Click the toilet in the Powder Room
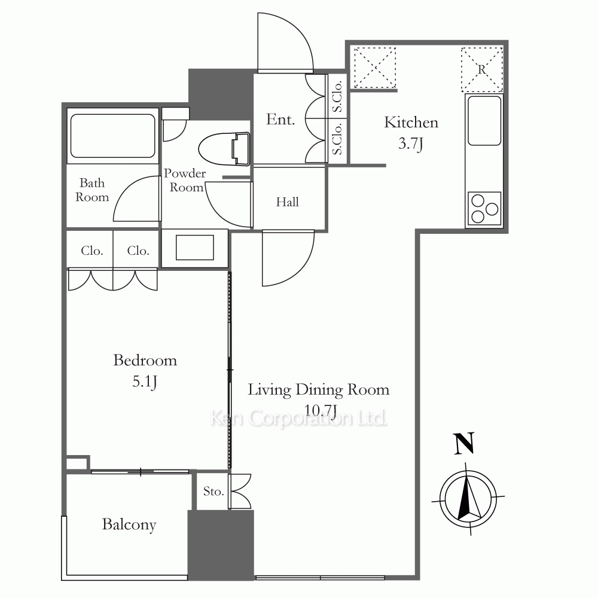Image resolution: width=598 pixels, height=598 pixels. [224, 149]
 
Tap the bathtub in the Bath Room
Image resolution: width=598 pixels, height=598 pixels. [113, 136]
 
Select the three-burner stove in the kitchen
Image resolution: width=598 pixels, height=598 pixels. [484, 209]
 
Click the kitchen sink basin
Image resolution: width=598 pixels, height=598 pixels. [484, 121]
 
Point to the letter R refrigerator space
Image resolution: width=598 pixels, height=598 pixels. [481, 69]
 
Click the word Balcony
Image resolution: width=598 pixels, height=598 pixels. [129, 525]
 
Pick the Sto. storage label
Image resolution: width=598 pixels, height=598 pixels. [213, 491]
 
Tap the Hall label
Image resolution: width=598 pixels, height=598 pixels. [288, 202]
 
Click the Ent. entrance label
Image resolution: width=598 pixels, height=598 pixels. [280, 120]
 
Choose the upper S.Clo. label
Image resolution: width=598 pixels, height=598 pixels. [337, 97]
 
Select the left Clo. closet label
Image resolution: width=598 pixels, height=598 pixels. [92, 251]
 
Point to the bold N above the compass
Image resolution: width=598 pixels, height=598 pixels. [464, 443]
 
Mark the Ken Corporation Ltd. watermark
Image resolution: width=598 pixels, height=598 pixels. [298, 418]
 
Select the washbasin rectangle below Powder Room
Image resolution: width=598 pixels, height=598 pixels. [194, 248]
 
